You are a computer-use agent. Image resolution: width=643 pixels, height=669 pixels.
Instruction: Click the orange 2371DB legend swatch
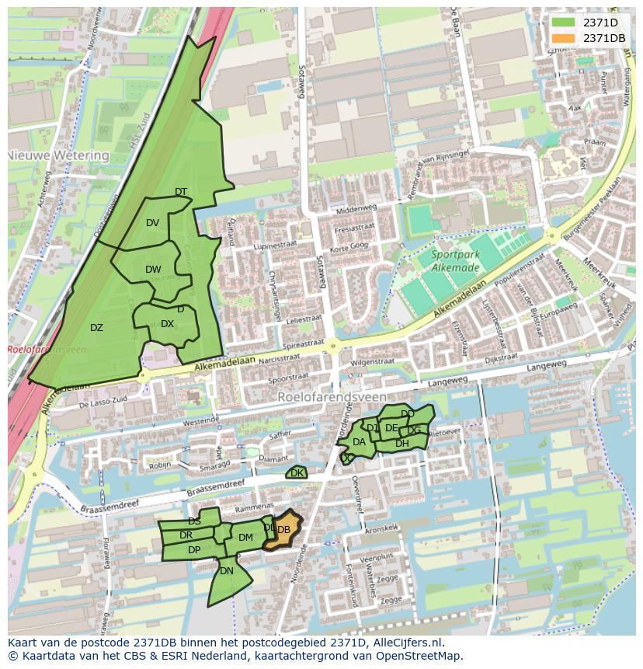click(x=564, y=38)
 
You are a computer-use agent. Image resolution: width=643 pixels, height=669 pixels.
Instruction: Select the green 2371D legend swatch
click(x=564, y=23)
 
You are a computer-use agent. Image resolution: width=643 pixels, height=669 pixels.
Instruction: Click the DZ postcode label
click(x=96, y=328)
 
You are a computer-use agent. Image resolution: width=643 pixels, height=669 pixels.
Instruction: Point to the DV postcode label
click(x=152, y=223)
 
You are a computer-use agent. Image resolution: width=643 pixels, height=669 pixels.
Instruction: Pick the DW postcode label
click(x=153, y=270)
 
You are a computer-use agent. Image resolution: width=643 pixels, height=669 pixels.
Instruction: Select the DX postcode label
click(x=167, y=324)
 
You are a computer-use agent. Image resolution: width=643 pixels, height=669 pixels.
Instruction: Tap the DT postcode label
click(x=181, y=192)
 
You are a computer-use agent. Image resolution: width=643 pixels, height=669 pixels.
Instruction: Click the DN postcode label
click(x=227, y=571)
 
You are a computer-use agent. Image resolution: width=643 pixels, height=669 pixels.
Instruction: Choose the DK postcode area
click(x=297, y=472)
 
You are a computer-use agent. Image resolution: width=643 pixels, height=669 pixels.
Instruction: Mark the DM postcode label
click(x=245, y=538)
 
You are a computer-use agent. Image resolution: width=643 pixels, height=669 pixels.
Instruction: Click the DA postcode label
click(x=359, y=442)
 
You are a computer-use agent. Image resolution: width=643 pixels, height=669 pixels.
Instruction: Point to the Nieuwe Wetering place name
click(x=58, y=155)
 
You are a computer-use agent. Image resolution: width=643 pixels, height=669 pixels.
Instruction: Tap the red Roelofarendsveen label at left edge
click(x=47, y=350)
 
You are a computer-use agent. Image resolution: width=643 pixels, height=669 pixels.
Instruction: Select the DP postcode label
click(x=194, y=550)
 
